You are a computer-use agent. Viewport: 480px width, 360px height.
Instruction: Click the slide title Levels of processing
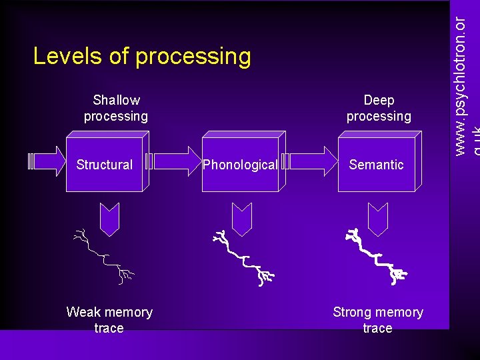(142, 56)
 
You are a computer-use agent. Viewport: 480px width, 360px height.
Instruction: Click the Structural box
(105, 165)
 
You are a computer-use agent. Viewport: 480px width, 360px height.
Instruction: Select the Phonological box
(240, 165)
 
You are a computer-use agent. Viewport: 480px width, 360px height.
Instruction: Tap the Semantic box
(376, 165)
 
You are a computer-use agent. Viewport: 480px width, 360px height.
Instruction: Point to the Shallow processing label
(116, 108)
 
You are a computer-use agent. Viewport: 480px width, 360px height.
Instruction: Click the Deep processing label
(379, 108)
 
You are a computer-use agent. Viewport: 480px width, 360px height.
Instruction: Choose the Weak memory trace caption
(109, 320)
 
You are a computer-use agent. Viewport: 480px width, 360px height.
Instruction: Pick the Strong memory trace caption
(378, 320)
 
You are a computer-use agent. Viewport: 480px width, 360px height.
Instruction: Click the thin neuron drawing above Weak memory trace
(104, 256)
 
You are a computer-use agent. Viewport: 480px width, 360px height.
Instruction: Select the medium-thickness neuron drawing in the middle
(241, 257)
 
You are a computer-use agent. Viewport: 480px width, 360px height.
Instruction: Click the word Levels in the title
(65, 56)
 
